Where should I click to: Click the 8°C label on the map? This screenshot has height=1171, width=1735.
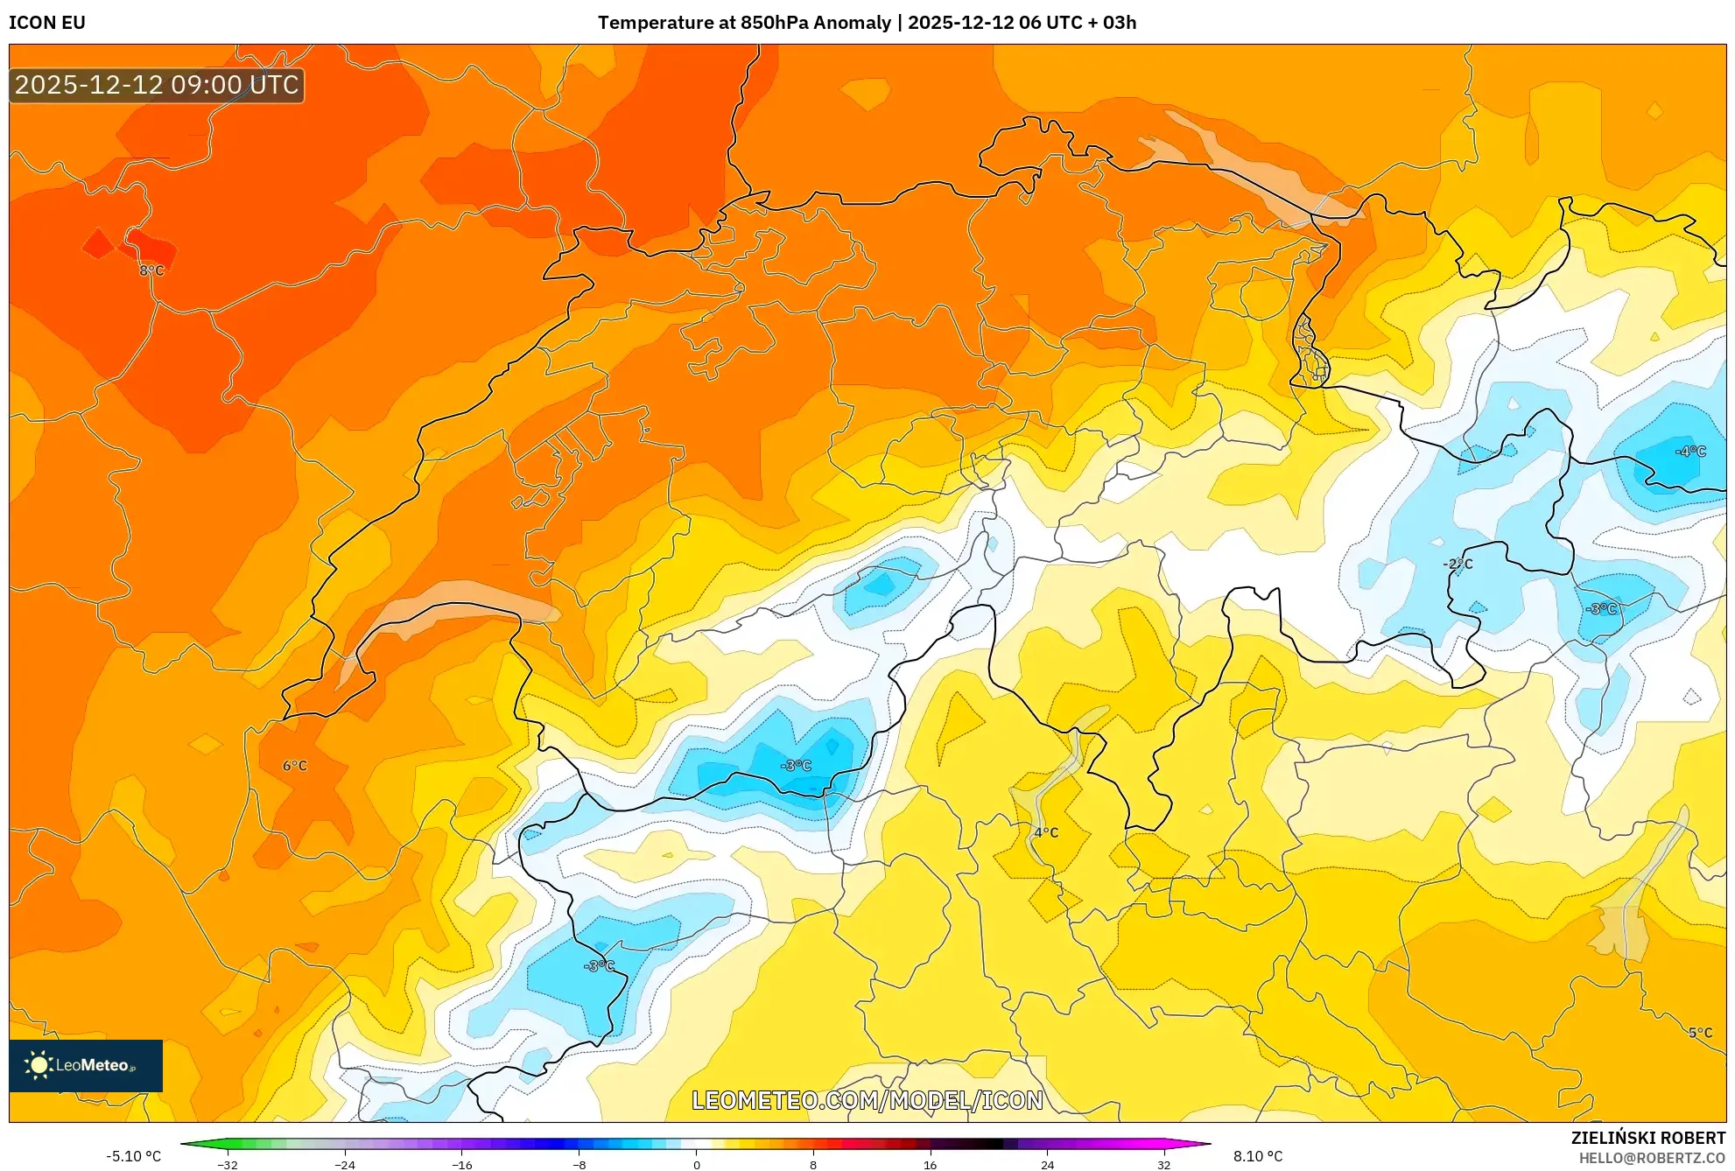click(151, 270)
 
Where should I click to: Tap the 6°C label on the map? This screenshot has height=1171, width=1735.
click(295, 766)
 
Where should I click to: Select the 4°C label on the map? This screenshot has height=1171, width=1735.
click(1046, 832)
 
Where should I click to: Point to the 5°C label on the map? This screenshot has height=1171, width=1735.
click(1700, 1033)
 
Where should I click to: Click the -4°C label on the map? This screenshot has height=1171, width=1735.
click(1690, 452)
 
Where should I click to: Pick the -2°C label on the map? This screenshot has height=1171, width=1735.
click(1458, 564)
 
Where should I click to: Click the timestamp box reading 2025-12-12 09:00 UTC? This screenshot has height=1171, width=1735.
click(157, 85)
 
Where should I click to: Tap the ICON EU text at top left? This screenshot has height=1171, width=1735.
click(47, 23)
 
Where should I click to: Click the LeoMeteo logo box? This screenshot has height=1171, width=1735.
click(86, 1065)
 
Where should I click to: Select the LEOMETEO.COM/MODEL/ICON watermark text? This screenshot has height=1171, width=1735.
click(867, 1100)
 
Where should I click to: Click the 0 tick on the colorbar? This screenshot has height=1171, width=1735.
click(697, 1165)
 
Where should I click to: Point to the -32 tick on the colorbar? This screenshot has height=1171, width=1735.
click(228, 1165)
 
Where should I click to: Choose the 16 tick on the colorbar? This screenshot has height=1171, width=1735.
click(930, 1165)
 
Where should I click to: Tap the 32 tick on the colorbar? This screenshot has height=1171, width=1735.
click(1163, 1165)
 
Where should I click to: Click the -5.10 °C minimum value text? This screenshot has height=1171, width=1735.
click(134, 1156)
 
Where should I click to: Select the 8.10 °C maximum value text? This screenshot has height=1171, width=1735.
click(1258, 1156)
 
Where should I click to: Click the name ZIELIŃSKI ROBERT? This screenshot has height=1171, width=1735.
click(1647, 1138)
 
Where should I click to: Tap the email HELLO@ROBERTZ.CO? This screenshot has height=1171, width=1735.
click(1652, 1158)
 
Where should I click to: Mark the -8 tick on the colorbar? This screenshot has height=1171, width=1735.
click(580, 1165)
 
